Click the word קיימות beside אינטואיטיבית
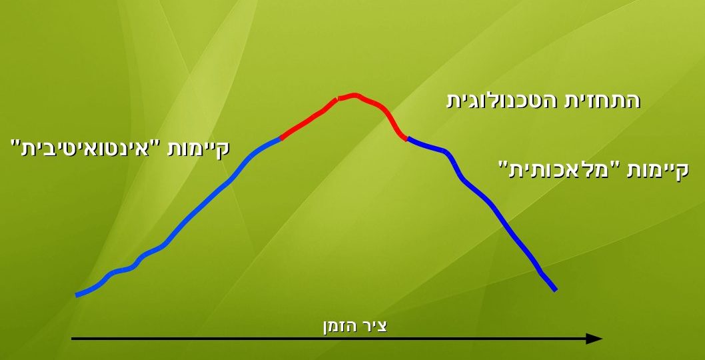[x=199, y=149]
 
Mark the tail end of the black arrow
[x=73, y=339]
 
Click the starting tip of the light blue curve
[x=77, y=295]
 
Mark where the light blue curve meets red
[x=281, y=138]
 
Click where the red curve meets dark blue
[x=407, y=139]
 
